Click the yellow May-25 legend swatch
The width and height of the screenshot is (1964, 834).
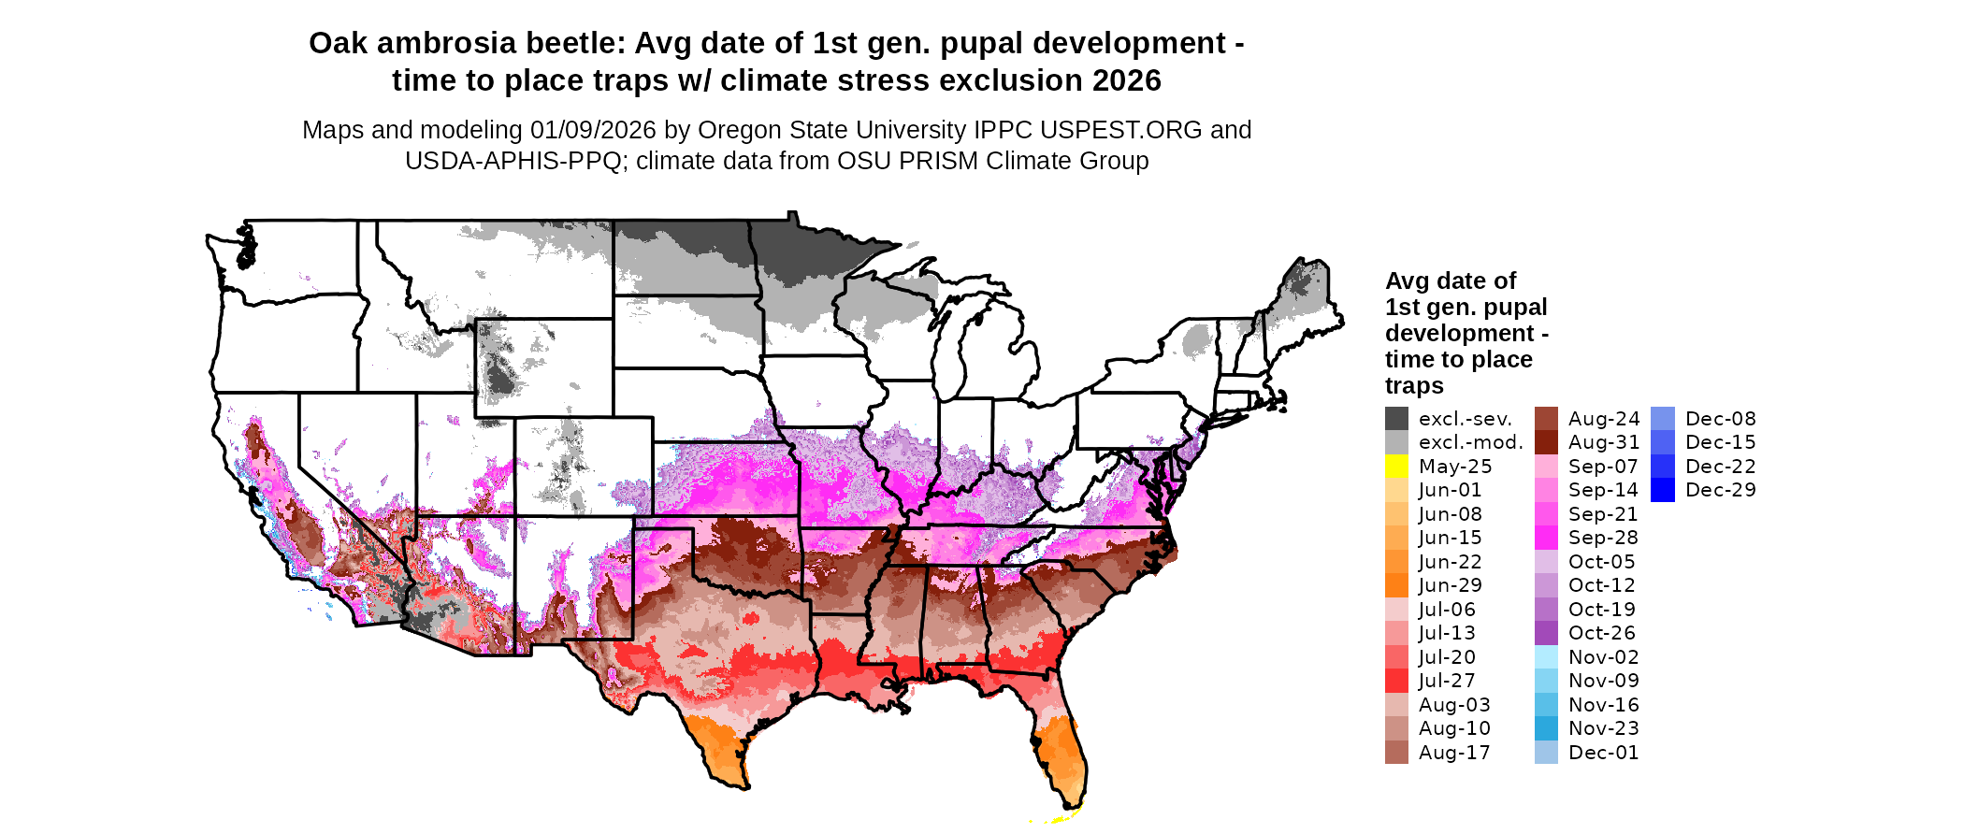1396,467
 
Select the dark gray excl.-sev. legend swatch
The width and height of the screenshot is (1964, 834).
1396,419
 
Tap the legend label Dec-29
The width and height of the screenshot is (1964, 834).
1720,490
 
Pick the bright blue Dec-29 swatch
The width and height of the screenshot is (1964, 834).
1663,490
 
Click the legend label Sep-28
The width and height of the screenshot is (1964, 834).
1603,538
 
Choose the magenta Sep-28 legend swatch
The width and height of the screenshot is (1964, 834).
1546,538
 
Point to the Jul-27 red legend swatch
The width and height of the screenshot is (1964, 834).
1396,681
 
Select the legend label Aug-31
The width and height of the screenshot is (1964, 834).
1603,442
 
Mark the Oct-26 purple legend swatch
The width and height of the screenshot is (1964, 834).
1546,633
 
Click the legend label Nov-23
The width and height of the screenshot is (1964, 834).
1603,728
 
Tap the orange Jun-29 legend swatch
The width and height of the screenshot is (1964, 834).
1396,585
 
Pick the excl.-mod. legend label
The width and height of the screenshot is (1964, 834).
1470,442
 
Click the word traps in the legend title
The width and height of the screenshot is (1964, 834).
1414,386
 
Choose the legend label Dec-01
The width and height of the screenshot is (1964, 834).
1603,753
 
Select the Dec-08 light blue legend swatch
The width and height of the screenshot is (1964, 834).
1663,419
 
